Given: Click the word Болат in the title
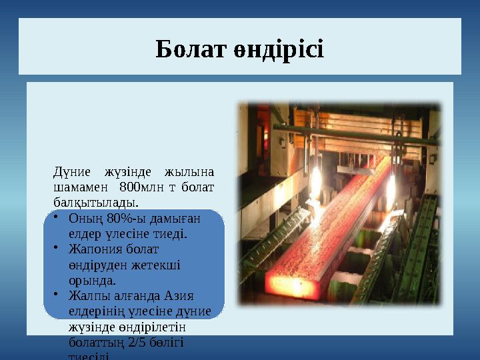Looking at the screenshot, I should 185,49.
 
